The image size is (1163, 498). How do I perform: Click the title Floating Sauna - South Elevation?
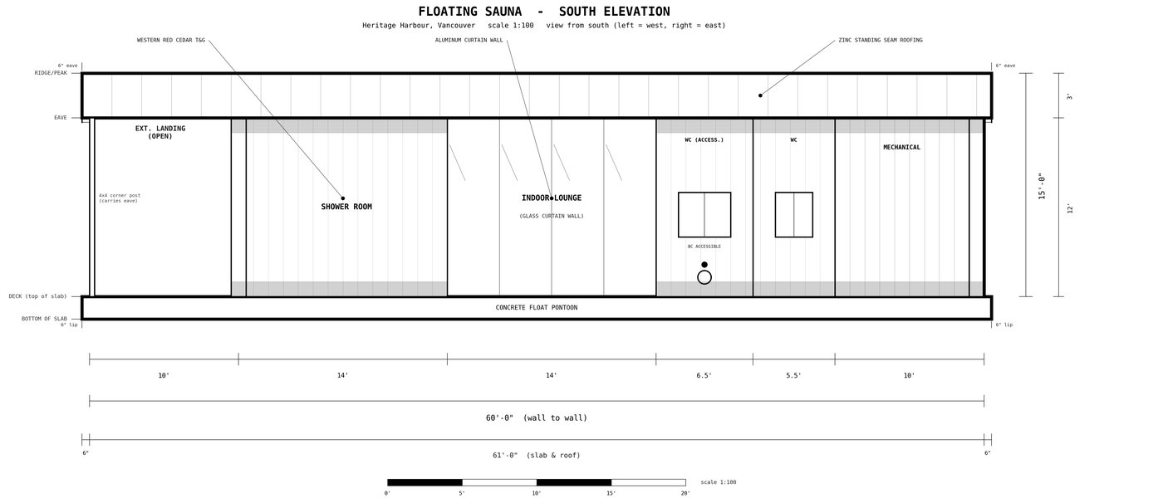click(544, 12)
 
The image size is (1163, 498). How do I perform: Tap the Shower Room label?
click(346, 207)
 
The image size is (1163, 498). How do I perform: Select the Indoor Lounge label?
click(552, 198)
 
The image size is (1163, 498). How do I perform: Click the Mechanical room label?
click(902, 148)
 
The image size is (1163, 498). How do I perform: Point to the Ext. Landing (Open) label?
click(159, 132)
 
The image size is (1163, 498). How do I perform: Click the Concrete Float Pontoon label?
click(537, 308)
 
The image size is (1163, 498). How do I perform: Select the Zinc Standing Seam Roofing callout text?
click(881, 40)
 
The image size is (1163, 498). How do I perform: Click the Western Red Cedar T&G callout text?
click(171, 40)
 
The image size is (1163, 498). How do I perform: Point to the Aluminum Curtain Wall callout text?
click(469, 40)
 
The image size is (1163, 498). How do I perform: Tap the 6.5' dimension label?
click(704, 375)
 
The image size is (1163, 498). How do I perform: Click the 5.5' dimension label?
click(793, 375)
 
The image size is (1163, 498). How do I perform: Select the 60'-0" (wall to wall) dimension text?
click(537, 417)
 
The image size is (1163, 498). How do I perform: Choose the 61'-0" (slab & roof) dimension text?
click(537, 456)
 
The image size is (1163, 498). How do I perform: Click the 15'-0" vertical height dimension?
click(1042, 186)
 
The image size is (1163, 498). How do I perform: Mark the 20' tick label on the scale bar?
click(685, 493)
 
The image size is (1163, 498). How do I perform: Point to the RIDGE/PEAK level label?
click(51, 73)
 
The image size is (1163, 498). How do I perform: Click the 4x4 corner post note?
click(120, 198)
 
